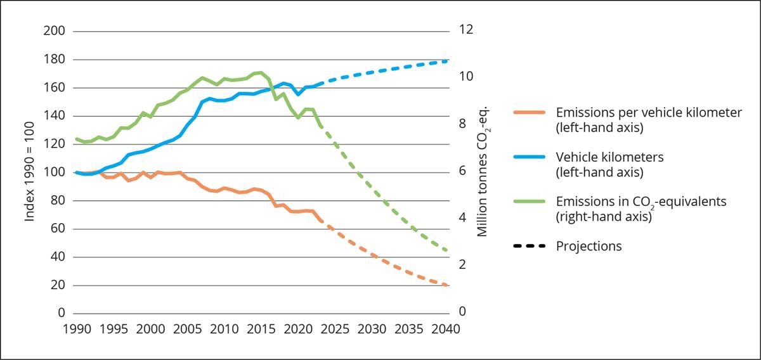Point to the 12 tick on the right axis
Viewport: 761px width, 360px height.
467,30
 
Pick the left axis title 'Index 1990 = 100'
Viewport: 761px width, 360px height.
30,172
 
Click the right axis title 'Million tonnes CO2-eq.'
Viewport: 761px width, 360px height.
483,172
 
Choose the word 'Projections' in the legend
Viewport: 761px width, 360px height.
589,246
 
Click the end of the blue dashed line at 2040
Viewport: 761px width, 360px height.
446,61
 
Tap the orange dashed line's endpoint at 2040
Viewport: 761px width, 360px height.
446,285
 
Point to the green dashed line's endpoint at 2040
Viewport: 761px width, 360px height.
446,251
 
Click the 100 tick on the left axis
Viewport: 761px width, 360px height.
54,172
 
